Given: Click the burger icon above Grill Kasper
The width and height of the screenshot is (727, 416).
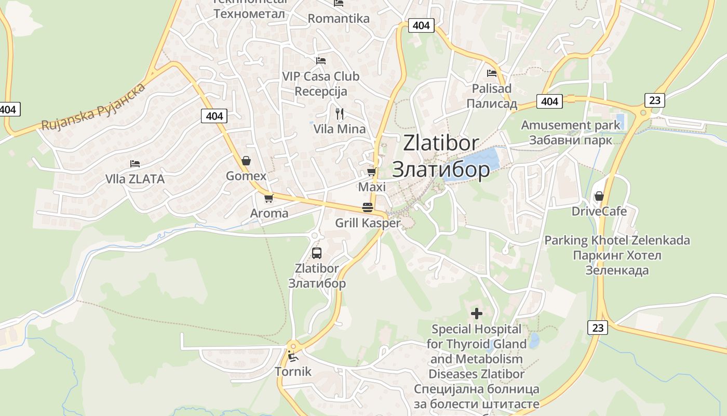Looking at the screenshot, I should (x=368, y=207).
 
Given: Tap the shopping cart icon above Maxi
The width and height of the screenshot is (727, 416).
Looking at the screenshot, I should (x=371, y=171).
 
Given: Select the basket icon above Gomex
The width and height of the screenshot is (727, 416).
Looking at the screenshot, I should (x=246, y=161).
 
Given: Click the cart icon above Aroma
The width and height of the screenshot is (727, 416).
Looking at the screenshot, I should (x=268, y=198).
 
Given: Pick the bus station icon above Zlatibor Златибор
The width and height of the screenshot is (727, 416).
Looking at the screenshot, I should (x=316, y=253).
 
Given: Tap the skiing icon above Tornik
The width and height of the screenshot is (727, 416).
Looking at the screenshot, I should (x=293, y=357).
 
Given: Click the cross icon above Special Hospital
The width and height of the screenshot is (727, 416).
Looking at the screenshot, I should (x=476, y=314).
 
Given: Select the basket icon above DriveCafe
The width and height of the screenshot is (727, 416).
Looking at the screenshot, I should (x=599, y=196).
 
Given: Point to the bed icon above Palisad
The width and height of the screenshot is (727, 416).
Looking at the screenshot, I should (x=491, y=73).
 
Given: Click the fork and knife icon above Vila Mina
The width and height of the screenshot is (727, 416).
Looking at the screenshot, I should (x=339, y=113).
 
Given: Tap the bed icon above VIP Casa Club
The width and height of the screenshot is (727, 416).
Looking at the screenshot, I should (x=320, y=61).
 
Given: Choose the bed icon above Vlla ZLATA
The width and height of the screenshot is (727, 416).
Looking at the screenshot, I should (x=135, y=164).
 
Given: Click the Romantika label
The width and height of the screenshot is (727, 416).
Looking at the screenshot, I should (x=339, y=19).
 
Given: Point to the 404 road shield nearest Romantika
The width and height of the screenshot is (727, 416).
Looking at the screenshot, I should (x=421, y=25).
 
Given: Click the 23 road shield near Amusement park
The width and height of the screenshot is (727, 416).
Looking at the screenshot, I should (x=655, y=100).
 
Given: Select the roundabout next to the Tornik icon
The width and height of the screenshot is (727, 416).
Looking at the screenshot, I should (x=293, y=346).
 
